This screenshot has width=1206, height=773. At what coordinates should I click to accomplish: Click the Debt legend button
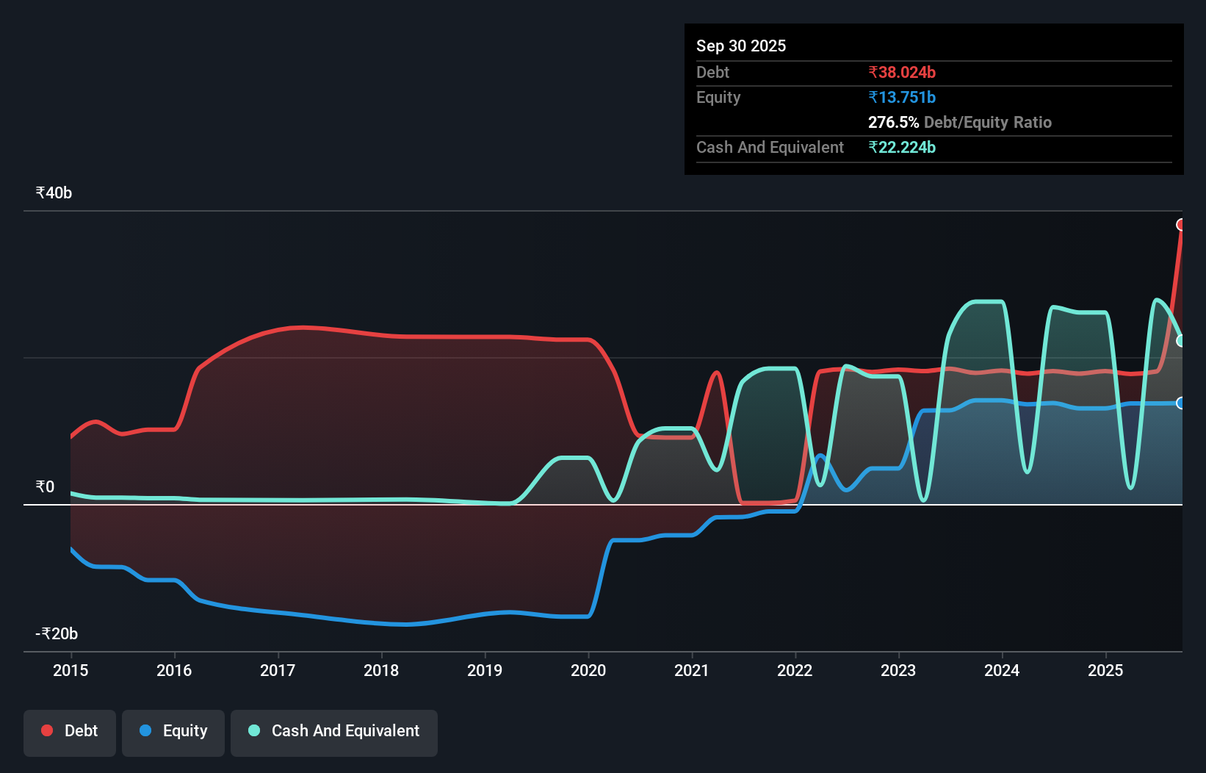(70, 731)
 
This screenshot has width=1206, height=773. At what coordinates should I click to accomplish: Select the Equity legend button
(173, 731)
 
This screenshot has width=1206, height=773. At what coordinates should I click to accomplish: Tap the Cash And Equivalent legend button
(334, 731)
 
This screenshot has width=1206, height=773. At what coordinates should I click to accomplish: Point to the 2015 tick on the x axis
(71, 670)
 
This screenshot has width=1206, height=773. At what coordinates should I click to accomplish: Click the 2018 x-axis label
(381, 670)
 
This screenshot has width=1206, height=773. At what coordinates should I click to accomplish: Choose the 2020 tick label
(588, 670)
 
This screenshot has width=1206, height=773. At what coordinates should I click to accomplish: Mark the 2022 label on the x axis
(795, 670)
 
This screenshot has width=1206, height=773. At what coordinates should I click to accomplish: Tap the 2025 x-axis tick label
(1105, 670)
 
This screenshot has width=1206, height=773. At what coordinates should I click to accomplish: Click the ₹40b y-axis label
(54, 193)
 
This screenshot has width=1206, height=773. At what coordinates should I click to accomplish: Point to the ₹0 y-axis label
(45, 487)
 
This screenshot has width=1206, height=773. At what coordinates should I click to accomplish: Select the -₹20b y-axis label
(57, 634)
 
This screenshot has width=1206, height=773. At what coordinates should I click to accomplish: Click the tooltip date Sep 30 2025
(741, 46)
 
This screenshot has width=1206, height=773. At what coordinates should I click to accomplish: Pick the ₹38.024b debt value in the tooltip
(902, 73)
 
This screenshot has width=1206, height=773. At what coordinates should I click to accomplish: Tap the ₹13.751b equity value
(902, 98)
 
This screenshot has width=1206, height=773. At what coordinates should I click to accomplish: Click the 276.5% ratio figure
(893, 123)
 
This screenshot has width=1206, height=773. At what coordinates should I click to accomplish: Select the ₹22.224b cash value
(902, 148)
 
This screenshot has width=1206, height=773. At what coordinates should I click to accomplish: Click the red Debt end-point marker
(1181, 225)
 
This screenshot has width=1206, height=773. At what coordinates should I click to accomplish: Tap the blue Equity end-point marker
(1181, 403)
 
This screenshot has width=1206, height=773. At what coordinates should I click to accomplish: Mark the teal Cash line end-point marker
(1181, 341)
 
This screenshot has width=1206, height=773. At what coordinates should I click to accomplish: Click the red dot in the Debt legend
(47, 730)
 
